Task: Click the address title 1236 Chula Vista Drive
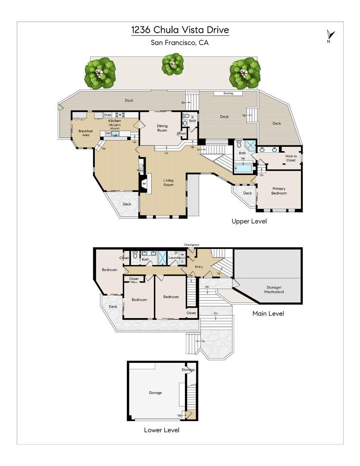(180, 30)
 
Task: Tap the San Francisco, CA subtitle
(180, 42)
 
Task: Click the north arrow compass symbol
(330, 36)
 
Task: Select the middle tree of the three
(172, 64)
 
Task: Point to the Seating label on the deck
(228, 93)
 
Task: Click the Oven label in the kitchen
(108, 115)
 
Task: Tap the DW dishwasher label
(108, 133)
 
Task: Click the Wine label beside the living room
(140, 170)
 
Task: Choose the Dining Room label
(162, 128)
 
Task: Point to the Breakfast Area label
(84, 133)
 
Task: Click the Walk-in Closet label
(290, 158)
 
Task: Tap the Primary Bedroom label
(279, 191)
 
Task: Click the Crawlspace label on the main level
(191, 245)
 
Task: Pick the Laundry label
(174, 258)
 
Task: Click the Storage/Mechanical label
(274, 290)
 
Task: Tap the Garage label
(155, 393)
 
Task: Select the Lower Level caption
(161, 430)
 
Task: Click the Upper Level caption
(249, 221)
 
